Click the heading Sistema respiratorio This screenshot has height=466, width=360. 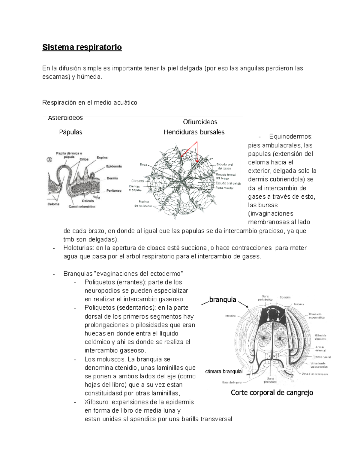(82, 47)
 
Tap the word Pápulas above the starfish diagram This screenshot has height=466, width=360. (70, 132)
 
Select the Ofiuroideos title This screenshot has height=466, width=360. (200, 122)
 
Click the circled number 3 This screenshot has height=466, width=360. (49, 160)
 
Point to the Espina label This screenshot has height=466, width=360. (102, 158)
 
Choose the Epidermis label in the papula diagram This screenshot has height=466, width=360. (114, 166)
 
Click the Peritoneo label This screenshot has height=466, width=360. (114, 191)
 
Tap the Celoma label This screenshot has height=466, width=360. (53, 204)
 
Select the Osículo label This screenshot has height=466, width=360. (88, 201)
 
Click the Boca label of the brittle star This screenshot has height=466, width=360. (143, 164)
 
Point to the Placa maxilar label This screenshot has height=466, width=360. (224, 188)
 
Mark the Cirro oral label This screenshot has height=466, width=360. (138, 181)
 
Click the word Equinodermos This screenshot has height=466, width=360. (291, 137)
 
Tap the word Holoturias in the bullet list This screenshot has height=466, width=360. (79, 248)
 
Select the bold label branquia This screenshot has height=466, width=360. (223, 300)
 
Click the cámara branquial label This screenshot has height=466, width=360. (224, 371)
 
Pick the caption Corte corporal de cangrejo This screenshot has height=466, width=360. (272, 392)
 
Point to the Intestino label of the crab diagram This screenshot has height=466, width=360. (230, 316)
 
